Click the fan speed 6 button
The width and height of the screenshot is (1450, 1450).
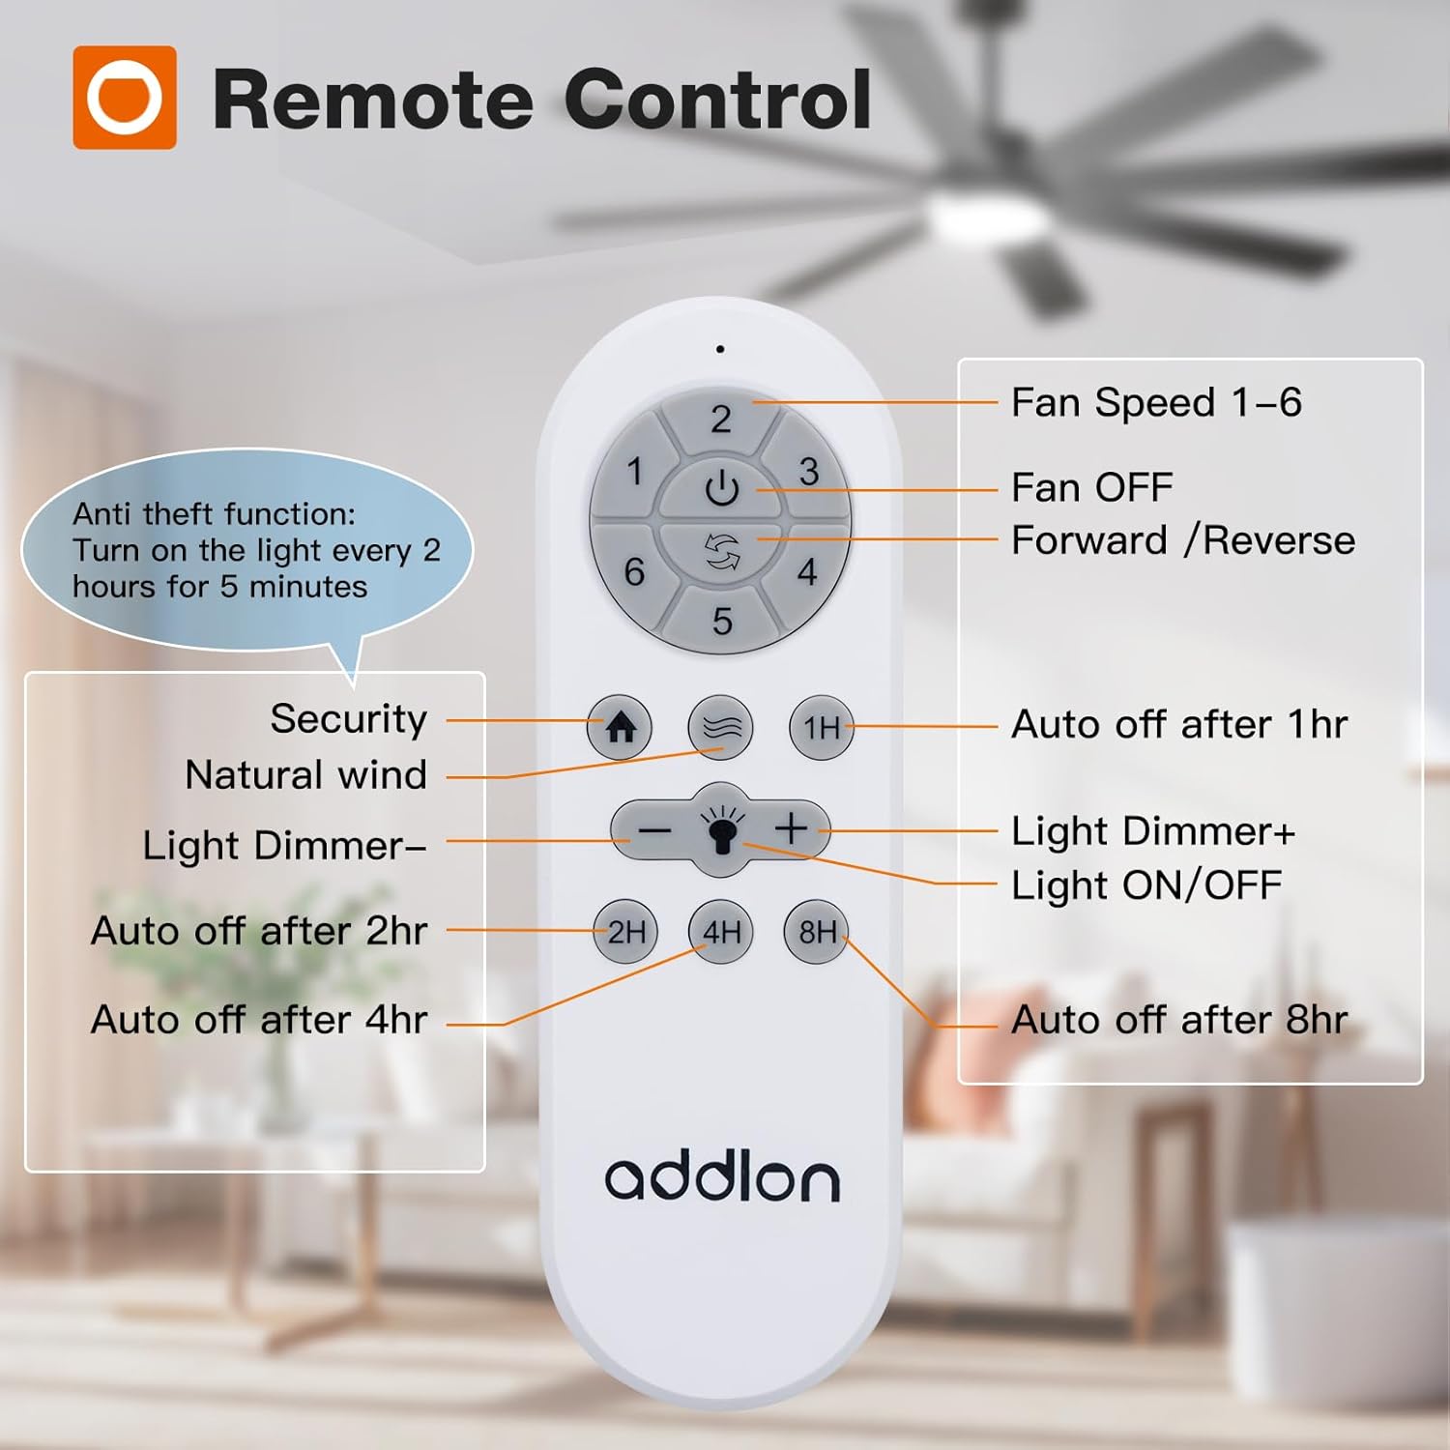tap(635, 570)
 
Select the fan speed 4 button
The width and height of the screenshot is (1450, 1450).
tap(806, 570)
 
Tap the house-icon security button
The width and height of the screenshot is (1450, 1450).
tap(620, 727)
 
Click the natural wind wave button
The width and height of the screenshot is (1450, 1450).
tap(721, 727)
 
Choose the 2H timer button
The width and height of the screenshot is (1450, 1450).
tap(625, 932)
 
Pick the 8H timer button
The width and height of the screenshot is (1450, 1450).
tap(817, 932)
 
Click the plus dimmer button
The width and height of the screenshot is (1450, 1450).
tap(791, 828)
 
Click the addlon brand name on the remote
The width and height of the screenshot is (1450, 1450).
tap(722, 1178)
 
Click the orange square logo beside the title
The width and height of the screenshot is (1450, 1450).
tap(125, 98)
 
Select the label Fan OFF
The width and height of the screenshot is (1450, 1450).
tap(1092, 487)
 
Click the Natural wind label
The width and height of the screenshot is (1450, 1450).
tap(306, 774)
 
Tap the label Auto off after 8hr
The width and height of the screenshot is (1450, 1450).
tap(1179, 1019)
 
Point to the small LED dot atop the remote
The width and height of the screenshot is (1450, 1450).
tap(720, 349)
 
